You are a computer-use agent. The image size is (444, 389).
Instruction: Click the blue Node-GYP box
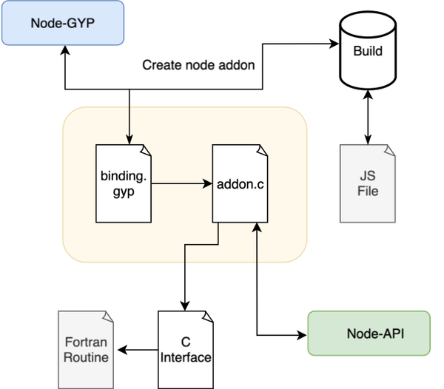tap(61, 22)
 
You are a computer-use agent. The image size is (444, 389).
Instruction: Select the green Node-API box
tap(369, 334)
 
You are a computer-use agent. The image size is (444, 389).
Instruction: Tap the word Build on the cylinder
tap(368, 53)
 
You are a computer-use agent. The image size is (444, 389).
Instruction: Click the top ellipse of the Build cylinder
tap(368, 23)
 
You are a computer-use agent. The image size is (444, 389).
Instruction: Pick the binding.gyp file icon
tap(124, 183)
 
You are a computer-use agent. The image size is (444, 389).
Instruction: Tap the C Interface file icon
tap(186, 349)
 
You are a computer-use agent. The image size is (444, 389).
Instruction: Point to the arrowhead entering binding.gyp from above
tap(130, 139)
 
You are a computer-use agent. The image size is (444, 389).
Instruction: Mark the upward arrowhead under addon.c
tap(257, 229)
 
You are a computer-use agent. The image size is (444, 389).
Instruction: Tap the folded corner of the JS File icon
tap(389, 150)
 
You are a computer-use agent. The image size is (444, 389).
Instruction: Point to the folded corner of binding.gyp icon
tap(146, 150)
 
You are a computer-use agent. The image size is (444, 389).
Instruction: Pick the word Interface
tap(186, 358)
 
